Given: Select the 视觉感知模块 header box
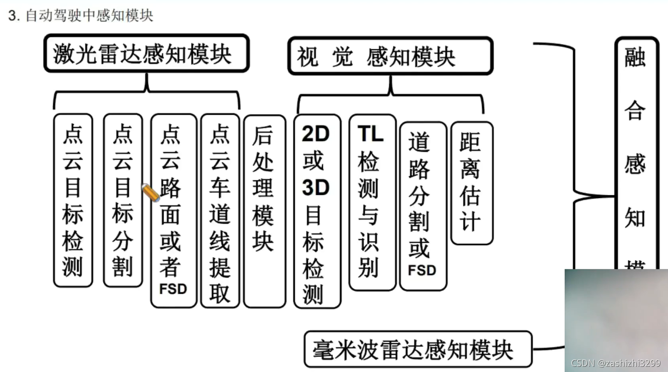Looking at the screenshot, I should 390,56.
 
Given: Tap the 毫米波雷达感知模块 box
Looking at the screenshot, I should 418,349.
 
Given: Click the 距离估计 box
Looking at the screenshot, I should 471,183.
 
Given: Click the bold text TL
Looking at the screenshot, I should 371,135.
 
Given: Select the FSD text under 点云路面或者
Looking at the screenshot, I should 173,289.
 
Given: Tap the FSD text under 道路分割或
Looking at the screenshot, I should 421,270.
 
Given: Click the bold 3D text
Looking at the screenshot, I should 316,188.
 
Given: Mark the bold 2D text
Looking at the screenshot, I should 316,135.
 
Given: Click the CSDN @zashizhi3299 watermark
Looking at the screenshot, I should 615,363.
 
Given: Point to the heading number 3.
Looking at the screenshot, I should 13,16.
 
